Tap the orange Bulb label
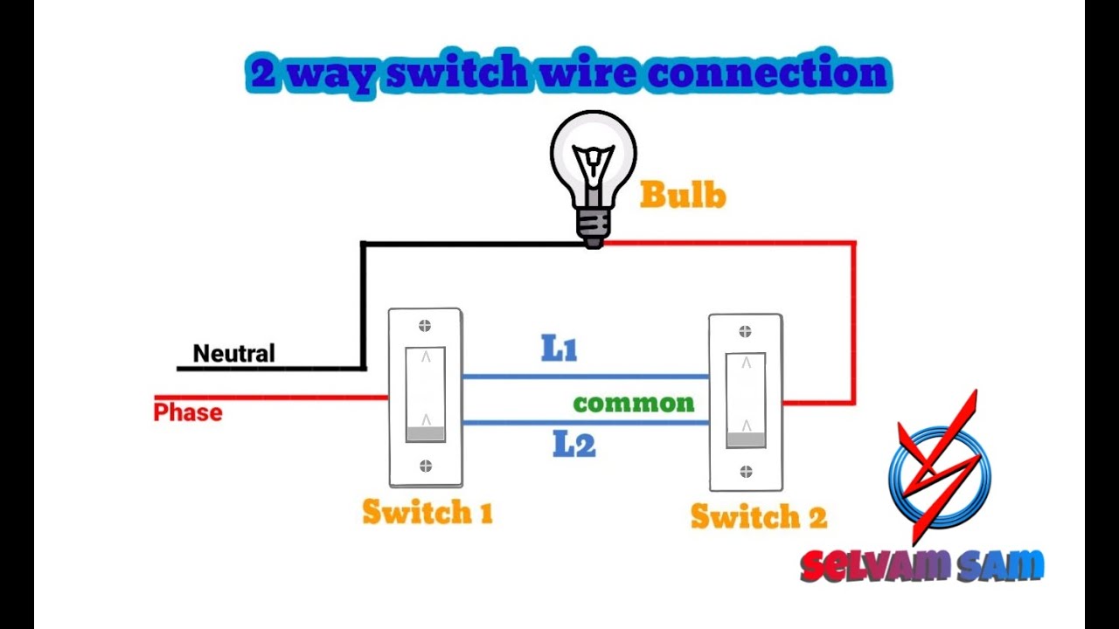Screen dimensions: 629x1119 (683, 195)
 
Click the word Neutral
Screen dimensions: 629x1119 (233, 354)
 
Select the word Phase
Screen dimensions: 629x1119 (187, 412)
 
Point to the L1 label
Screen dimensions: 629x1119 (559, 349)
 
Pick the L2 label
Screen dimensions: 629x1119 (574, 446)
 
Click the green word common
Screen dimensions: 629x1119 (634, 404)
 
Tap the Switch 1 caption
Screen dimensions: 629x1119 (427, 512)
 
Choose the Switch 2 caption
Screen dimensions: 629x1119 (758, 516)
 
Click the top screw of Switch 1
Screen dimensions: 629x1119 (426, 327)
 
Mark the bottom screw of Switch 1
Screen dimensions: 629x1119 (426, 466)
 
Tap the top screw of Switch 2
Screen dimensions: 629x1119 (746, 332)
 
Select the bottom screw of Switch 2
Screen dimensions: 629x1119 (746, 472)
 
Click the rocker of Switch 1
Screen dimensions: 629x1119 (426, 395)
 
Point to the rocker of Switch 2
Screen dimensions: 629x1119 (746, 400)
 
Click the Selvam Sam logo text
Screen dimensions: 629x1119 (922, 566)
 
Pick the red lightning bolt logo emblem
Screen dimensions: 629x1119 (940, 467)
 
